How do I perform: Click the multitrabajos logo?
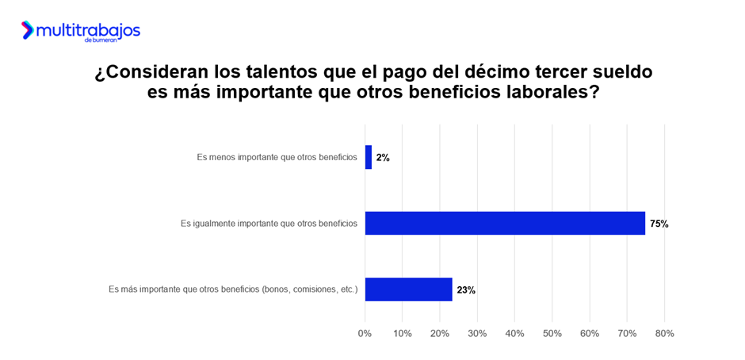[x=80, y=31]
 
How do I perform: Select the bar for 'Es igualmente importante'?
[x=505, y=224]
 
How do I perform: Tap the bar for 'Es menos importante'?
[x=369, y=157]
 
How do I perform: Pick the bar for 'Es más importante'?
[x=408, y=289]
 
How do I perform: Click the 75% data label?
[x=659, y=224]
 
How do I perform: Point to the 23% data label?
[x=466, y=290]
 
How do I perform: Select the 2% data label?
[x=383, y=158]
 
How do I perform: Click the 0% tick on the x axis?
[x=365, y=334]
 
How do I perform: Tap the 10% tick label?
[x=403, y=334]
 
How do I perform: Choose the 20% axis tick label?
[x=440, y=334]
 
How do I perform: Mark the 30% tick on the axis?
[x=477, y=334]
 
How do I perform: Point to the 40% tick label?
[x=514, y=334]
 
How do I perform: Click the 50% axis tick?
[x=552, y=334]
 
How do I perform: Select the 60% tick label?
[x=590, y=334]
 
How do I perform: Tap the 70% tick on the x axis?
[x=627, y=334]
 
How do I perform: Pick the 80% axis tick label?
[x=664, y=334]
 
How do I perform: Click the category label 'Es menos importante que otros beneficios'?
[x=277, y=157]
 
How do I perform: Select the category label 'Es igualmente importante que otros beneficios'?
[x=269, y=224]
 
